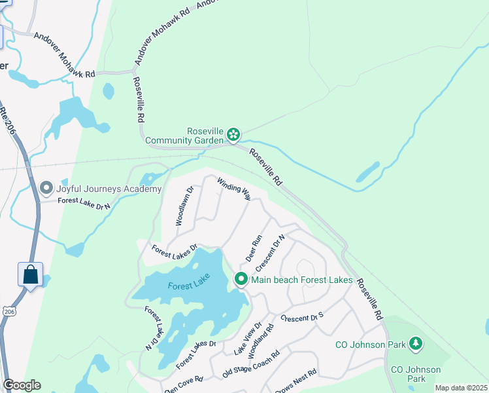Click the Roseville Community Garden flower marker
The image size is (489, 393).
point(233,135)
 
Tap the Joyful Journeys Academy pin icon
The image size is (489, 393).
point(46,189)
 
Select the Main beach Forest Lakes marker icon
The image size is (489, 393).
point(241,280)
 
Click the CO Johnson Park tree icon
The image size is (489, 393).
point(415,343)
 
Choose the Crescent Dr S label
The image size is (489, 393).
point(302,318)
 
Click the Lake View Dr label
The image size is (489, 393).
point(248,339)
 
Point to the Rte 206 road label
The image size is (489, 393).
point(8,121)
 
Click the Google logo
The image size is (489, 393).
point(22,385)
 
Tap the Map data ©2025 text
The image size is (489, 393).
point(460,388)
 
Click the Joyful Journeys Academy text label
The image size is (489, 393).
point(109,189)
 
